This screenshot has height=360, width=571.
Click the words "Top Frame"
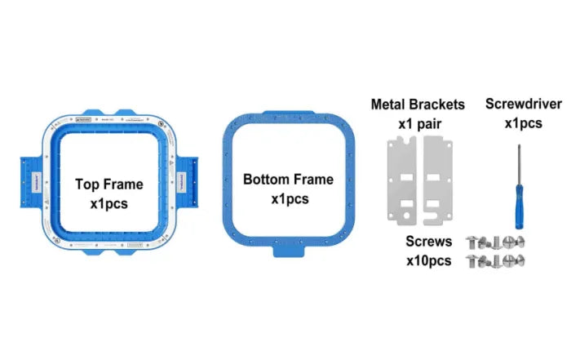point(108,184)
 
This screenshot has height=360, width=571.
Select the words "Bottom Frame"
point(277,179)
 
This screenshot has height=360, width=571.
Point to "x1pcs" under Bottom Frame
point(277,198)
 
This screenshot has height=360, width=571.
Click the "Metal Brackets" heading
point(418,104)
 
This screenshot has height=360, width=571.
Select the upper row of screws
point(494,242)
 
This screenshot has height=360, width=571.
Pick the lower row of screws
point(494,261)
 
